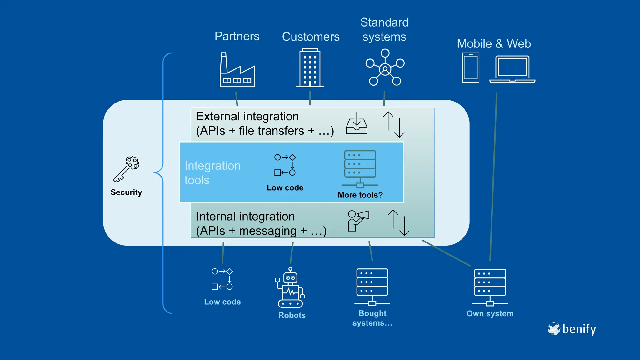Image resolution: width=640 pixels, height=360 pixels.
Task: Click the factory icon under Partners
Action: coord(237,70)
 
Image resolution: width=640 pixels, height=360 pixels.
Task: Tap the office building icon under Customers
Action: coord(310,68)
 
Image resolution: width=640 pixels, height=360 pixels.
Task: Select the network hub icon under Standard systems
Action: coord(385,67)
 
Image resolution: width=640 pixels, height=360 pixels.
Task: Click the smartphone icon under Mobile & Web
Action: coord(471,67)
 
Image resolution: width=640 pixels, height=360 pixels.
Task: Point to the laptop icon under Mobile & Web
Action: coord(512,69)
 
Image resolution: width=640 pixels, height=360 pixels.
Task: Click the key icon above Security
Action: coord(126,169)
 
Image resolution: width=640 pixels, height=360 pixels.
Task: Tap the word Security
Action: coord(126,192)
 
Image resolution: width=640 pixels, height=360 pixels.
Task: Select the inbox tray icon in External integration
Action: coord(357,124)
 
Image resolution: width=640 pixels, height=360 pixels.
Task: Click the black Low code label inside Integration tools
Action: coord(285,188)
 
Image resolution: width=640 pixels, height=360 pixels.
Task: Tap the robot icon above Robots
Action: coord(290,288)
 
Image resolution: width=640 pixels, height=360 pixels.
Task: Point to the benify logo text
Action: coord(579,329)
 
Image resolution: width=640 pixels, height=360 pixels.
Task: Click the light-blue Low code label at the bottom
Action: coord(222,302)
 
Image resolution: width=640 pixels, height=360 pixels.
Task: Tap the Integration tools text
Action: coord(212,173)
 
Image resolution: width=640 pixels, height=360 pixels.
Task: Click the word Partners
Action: coord(237,36)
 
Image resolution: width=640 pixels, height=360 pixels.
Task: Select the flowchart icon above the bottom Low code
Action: coord(222,279)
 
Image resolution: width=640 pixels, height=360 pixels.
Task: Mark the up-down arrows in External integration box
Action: coord(394,124)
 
